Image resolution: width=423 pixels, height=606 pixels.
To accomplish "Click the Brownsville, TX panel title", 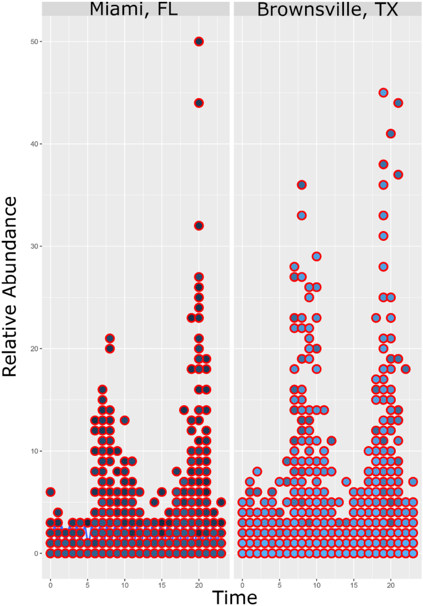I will click(x=327, y=9).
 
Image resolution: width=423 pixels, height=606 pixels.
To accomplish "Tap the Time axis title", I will click(x=235, y=597).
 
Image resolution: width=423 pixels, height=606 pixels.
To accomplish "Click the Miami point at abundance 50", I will click(x=199, y=41).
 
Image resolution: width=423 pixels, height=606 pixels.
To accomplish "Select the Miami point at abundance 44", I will click(x=199, y=103).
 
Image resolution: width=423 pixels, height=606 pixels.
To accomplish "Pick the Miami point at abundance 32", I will click(x=199, y=225).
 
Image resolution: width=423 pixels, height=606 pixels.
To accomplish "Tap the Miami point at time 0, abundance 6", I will click(x=51, y=492).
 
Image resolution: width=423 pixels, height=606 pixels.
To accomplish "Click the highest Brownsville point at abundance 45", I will click(x=383, y=93).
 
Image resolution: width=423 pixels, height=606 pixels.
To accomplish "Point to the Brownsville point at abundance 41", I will click(x=390, y=133).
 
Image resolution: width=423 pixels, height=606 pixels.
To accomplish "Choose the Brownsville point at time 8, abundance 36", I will click(x=301, y=185).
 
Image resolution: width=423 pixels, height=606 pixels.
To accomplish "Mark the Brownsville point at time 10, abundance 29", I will click(x=316, y=256).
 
